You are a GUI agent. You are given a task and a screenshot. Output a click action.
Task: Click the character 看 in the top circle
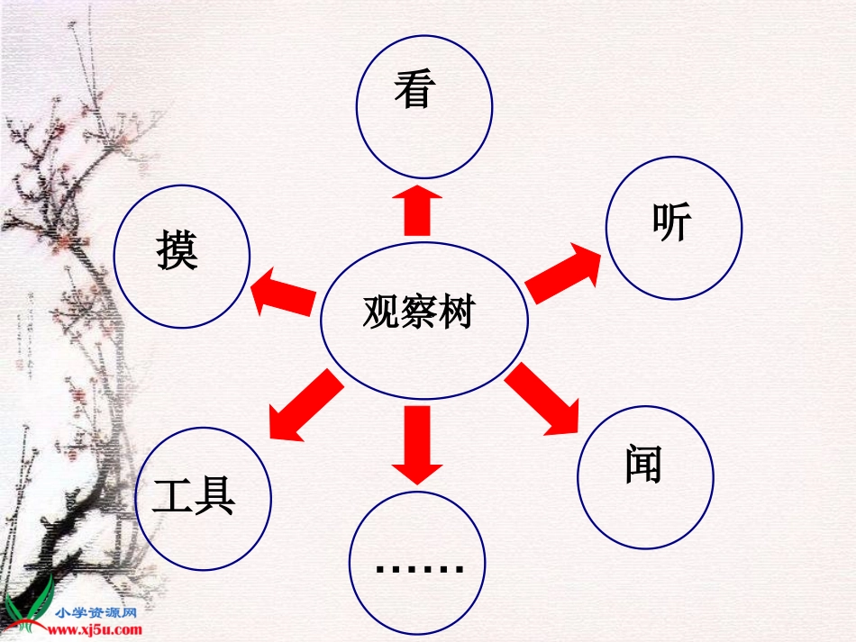tap(414, 90)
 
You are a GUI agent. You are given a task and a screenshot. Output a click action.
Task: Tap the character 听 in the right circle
tap(672, 223)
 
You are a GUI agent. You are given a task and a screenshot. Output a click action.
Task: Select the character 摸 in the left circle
tap(177, 250)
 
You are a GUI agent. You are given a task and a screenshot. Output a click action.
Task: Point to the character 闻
tap(643, 465)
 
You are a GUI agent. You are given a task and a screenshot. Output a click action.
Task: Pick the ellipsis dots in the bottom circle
tap(419, 568)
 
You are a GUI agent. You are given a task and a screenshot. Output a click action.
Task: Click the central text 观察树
tap(418, 312)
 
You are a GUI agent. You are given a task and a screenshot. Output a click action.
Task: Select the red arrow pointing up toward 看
tap(417, 210)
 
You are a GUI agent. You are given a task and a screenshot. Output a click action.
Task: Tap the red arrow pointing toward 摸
tap(283, 294)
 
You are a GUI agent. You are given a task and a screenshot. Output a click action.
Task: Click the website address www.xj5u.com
tap(98, 629)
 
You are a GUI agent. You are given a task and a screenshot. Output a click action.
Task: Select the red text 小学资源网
tap(97, 612)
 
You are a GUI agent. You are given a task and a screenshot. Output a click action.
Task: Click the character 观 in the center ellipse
tap(381, 312)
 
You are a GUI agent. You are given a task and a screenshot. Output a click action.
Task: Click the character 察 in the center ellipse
tap(418, 312)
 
